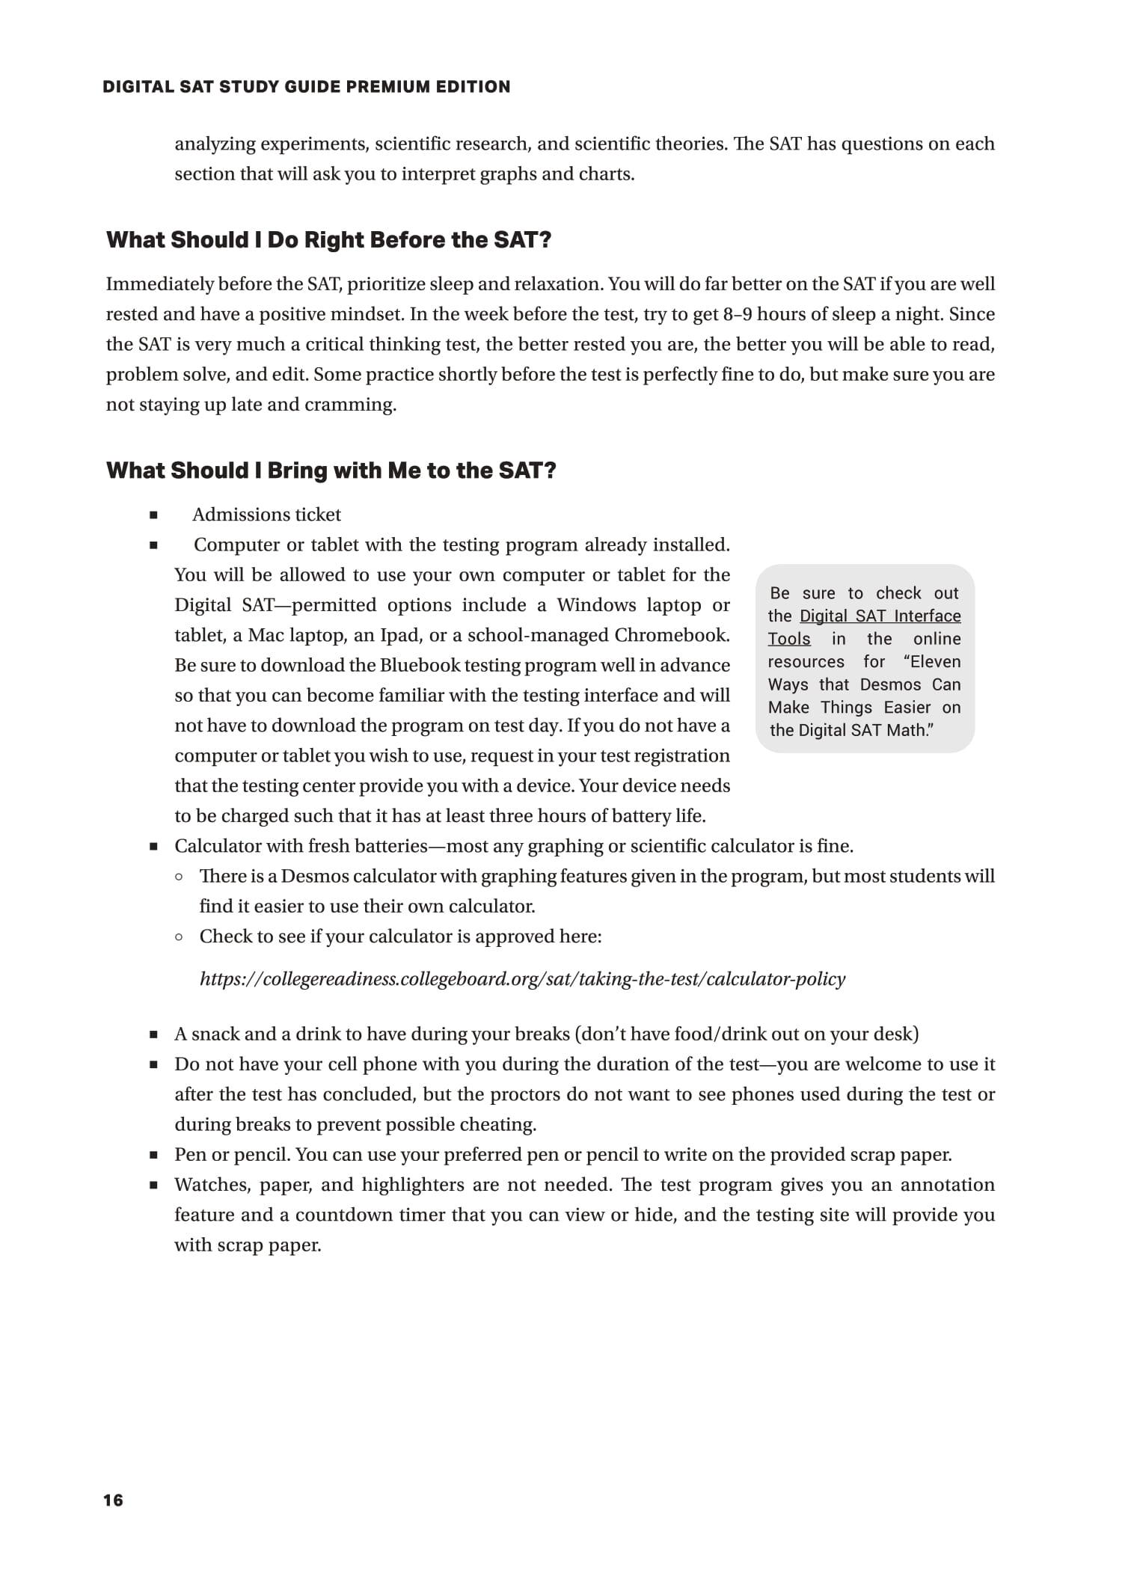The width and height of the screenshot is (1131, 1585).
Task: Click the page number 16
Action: click(x=113, y=1500)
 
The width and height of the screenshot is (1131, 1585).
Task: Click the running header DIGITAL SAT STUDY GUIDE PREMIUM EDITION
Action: click(x=307, y=87)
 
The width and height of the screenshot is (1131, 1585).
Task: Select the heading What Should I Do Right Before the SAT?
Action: click(x=328, y=240)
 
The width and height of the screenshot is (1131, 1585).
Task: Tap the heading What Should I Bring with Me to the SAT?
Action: click(x=331, y=470)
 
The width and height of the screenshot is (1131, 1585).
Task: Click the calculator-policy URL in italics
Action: click(x=522, y=979)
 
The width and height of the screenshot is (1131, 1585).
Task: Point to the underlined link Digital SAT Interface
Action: click(x=880, y=616)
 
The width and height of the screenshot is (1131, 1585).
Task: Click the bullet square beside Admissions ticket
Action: click(x=153, y=515)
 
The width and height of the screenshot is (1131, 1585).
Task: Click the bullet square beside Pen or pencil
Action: click(x=153, y=1155)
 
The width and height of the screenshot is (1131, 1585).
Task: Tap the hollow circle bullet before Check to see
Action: click(x=180, y=936)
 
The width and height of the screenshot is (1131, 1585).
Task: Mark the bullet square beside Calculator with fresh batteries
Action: click(x=153, y=847)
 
